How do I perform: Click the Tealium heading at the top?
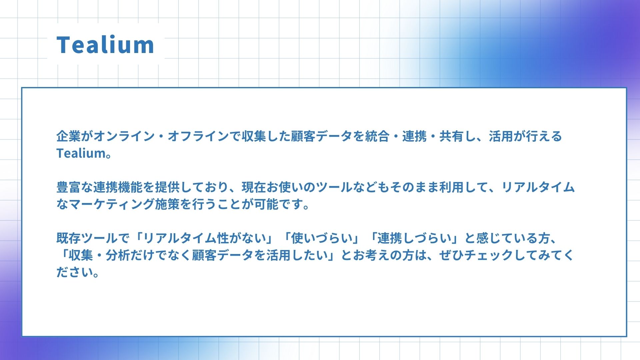point(105,45)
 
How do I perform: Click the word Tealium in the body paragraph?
point(81,153)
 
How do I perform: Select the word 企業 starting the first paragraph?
point(69,136)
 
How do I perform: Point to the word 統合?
point(377,136)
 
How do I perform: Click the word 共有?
point(451,136)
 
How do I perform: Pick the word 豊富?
point(69,187)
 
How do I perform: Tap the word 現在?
point(254,187)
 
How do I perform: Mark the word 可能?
point(266,204)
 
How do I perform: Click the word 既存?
point(69,238)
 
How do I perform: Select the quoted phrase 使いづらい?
point(322,238)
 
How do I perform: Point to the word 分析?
point(118,255)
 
